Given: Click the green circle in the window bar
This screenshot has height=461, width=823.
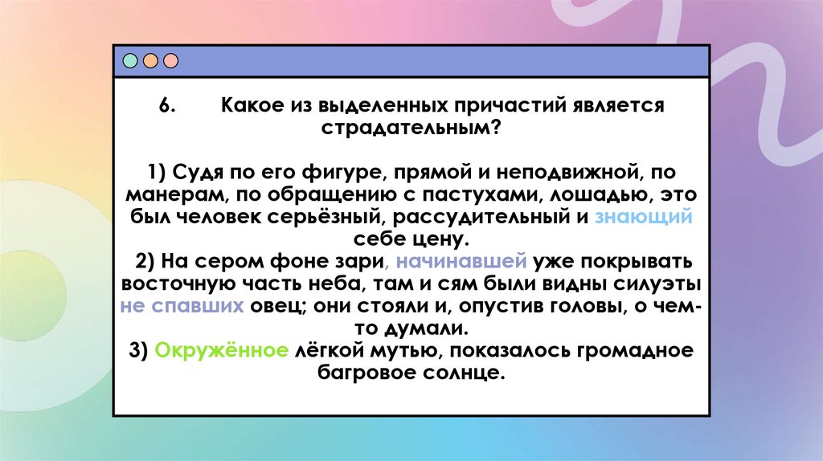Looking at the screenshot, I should [x=130, y=61].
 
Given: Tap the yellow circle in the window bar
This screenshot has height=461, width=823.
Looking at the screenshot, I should [x=150, y=61].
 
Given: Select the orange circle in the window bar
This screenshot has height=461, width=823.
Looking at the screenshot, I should [x=170, y=61].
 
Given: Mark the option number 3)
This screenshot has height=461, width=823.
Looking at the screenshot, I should [x=137, y=351].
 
